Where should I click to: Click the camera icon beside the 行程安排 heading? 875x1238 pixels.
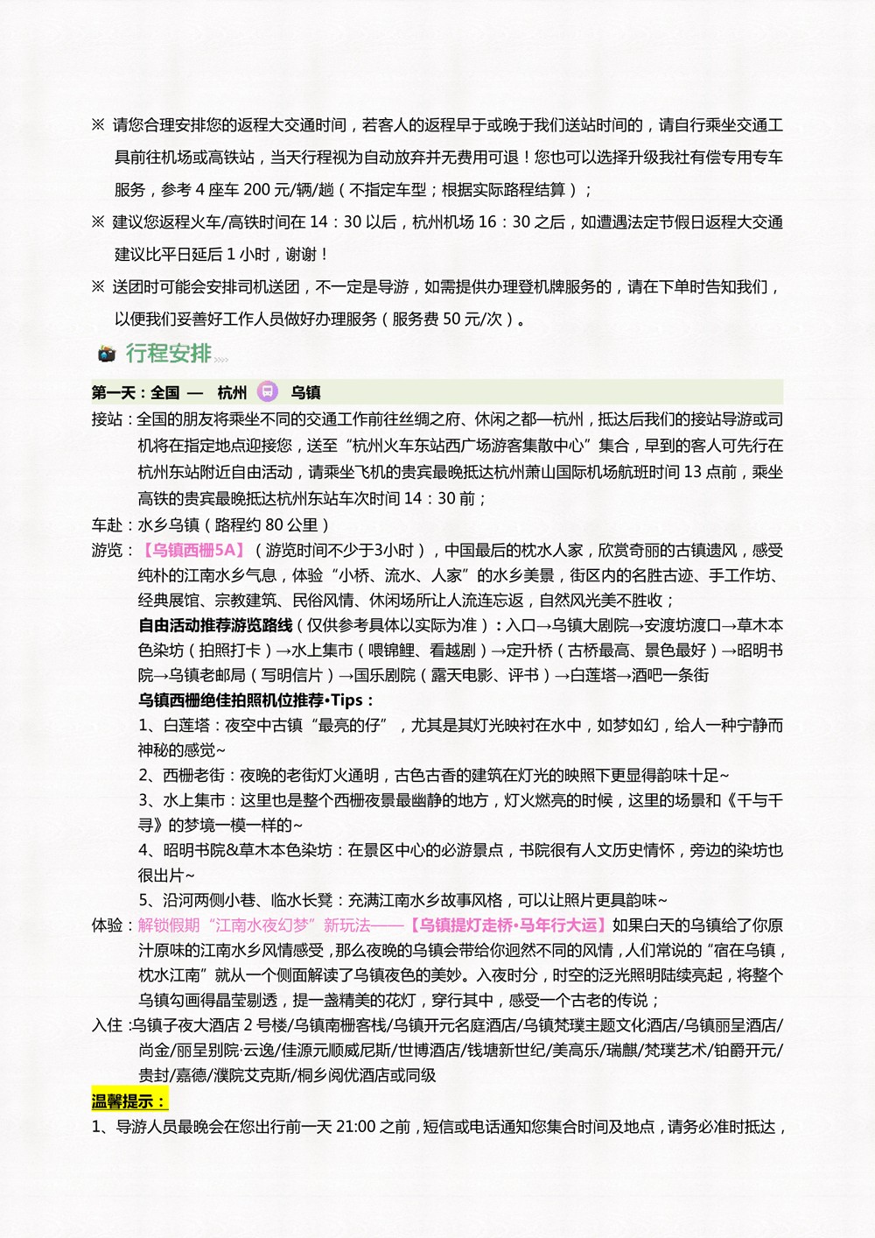click(x=107, y=354)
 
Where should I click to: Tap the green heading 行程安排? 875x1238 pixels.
click(x=168, y=353)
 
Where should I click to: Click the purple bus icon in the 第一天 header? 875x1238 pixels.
click(x=268, y=391)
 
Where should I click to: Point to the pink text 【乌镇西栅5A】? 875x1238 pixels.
click(x=193, y=550)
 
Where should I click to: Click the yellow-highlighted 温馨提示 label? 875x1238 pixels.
click(x=129, y=1101)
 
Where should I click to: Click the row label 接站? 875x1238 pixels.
click(x=108, y=419)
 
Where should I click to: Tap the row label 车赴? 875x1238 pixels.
click(x=108, y=524)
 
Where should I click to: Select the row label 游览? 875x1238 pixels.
click(x=108, y=550)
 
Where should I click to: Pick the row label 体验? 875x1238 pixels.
click(x=108, y=925)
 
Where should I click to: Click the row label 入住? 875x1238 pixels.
click(x=108, y=1024)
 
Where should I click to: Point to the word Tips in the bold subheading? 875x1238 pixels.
click(x=347, y=700)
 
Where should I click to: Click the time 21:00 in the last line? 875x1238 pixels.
click(x=355, y=1126)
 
